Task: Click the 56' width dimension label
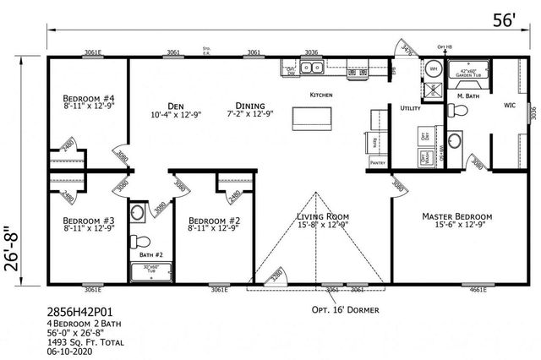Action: tap(505, 18)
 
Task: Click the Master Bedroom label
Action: tap(457, 216)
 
